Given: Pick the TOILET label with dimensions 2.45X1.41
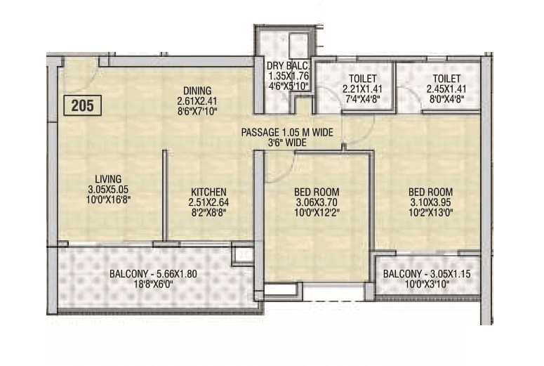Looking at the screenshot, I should tap(446, 78).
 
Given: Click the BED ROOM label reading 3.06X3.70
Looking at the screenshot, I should tap(316, 192).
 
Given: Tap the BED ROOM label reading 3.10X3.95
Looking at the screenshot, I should tap(430, 192).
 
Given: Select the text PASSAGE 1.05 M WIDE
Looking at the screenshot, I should tap(286, 133).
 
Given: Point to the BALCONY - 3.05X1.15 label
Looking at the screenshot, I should tap(427, 273).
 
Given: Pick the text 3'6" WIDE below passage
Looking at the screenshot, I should tap(286, 143).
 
